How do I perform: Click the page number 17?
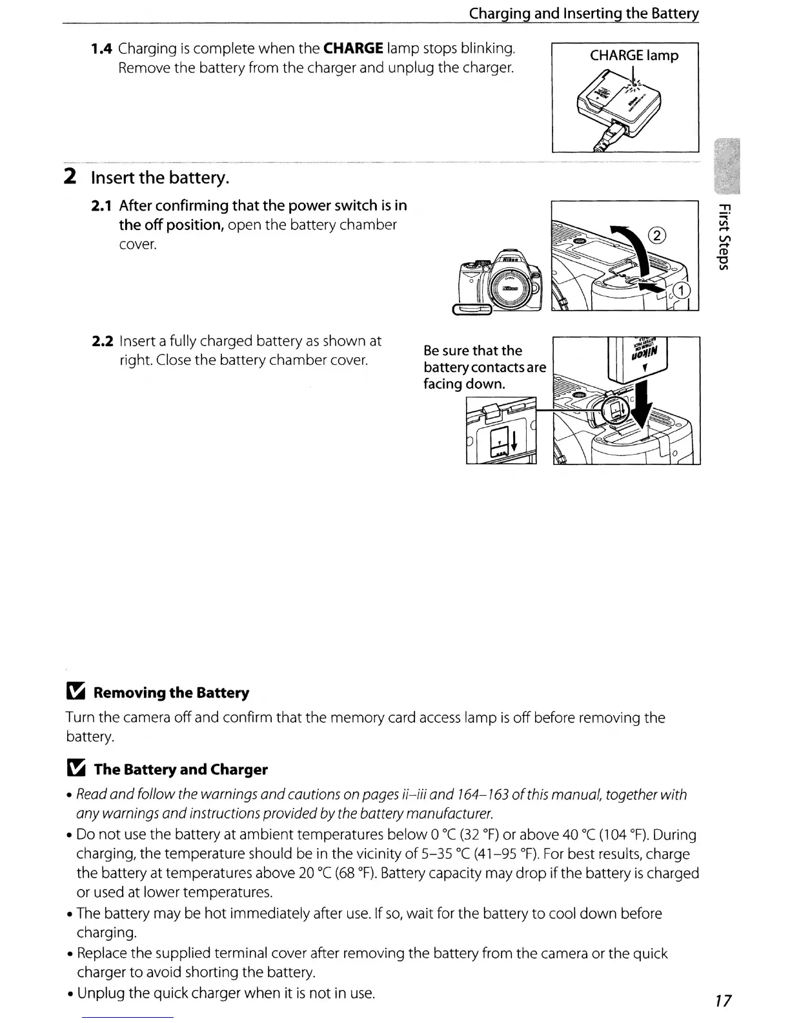pos(723,1001)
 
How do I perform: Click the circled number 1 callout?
pos(682,290)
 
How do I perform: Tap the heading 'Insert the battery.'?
pos(160,177)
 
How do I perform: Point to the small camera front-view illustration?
pos(499,281)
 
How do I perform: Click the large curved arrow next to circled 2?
pos(629,245)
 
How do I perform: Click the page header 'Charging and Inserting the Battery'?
pos(583,14)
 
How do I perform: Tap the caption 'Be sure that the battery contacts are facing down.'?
pos(484,367)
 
